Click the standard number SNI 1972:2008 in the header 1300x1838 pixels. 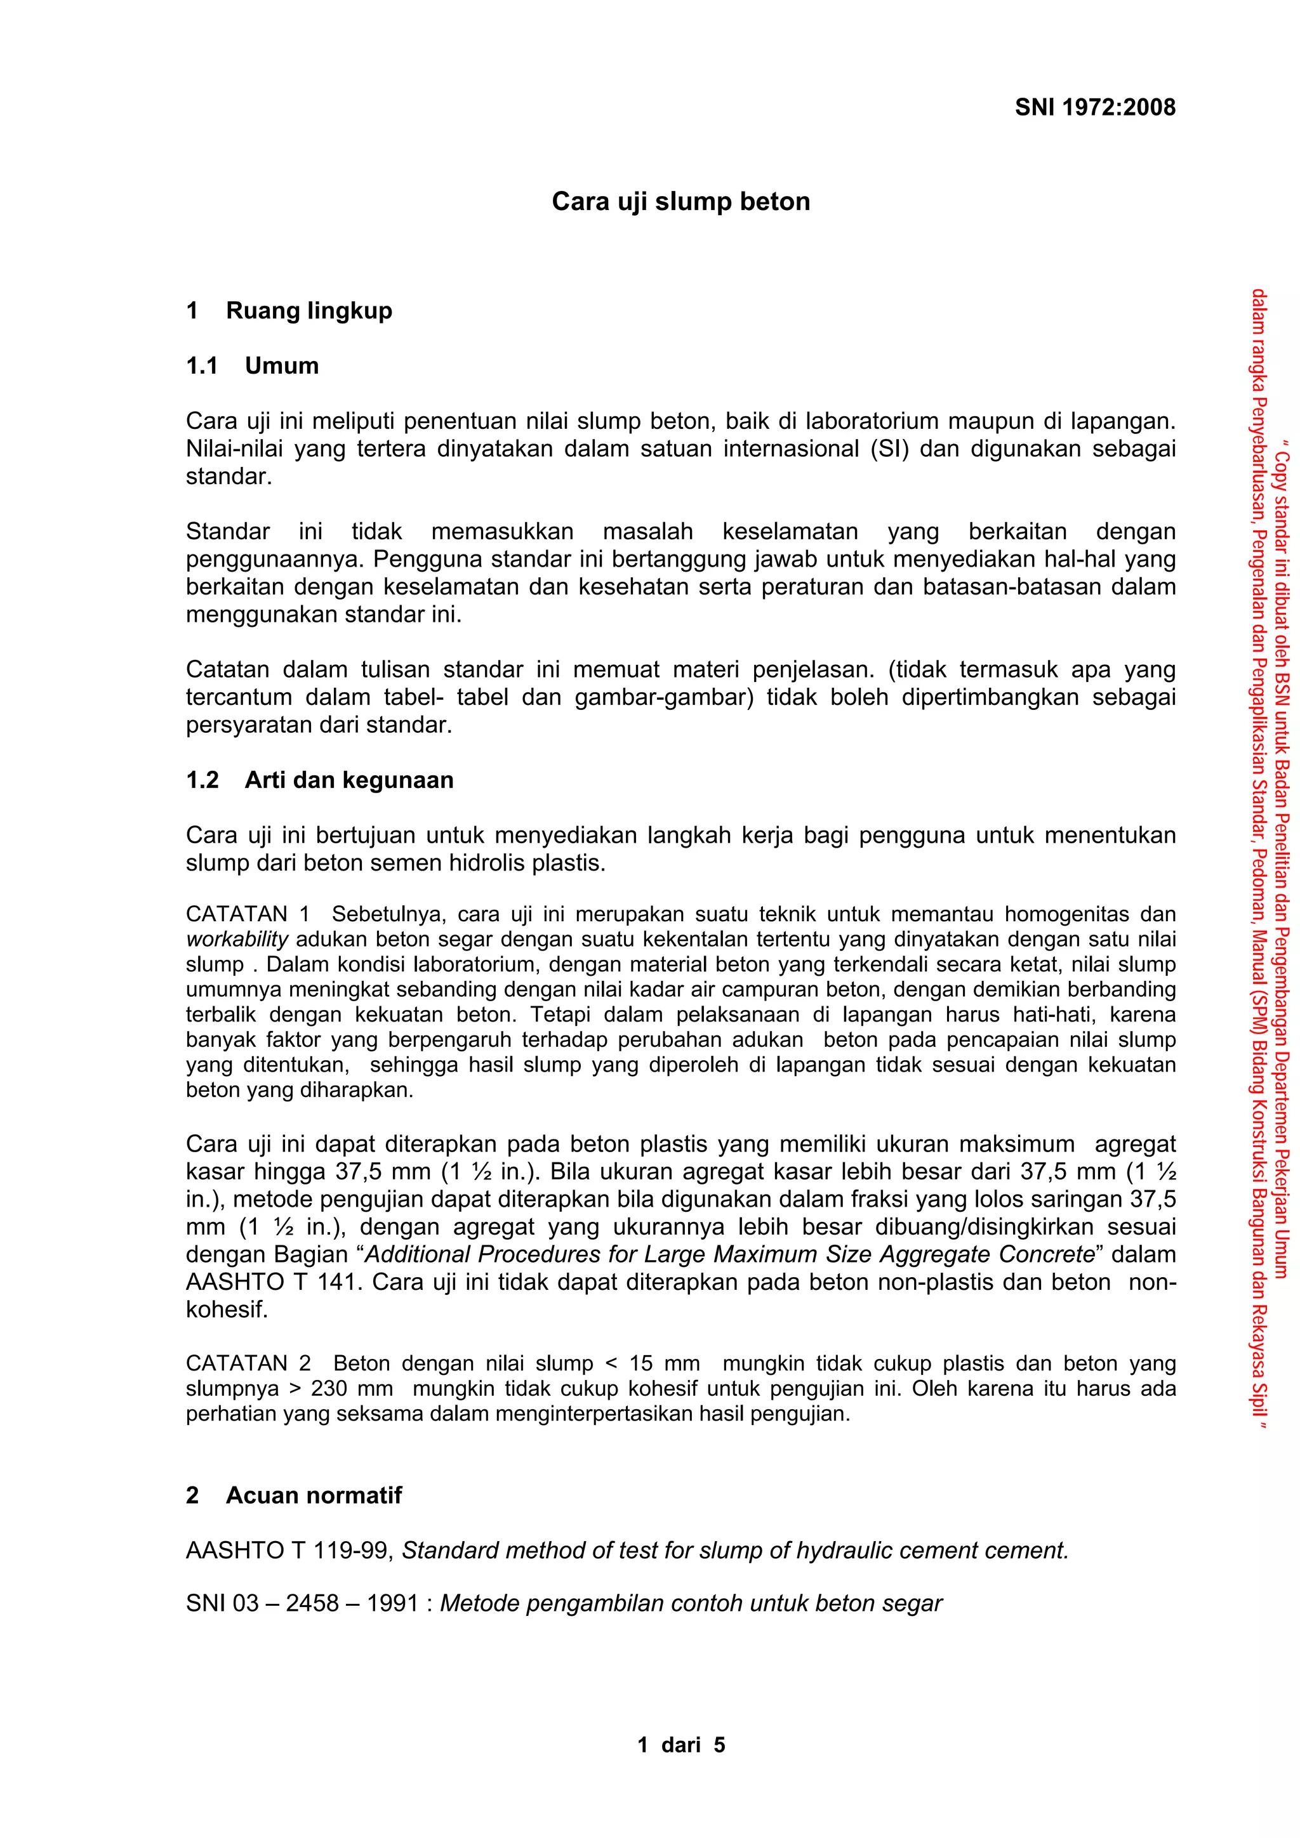pos(1094,107)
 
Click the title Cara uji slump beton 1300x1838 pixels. pos(681,201)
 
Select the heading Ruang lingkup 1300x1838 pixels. pos(308,311)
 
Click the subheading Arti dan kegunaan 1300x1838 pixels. pos(348,780)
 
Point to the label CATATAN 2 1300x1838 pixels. pos(248,1363)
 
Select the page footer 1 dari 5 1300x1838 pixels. pos(681,1745)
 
